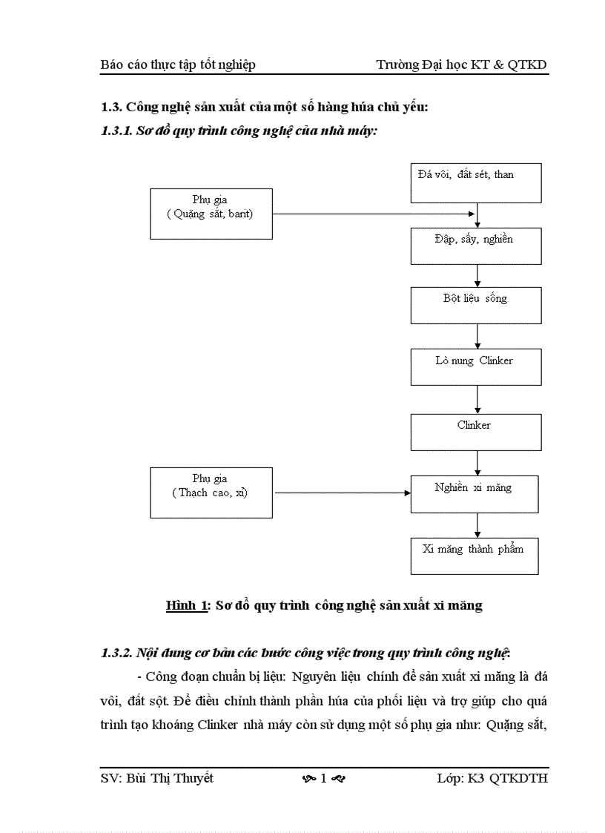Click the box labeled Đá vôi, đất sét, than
[476, 182]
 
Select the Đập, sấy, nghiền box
[476, 246]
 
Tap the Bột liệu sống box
[476, 305]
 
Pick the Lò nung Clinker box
[476, 366]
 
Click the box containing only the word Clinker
[476, 432]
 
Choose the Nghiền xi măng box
[475, 494]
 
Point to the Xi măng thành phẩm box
[475, 556]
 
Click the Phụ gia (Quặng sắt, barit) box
[211, 213]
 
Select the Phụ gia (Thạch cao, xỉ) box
[211, 492]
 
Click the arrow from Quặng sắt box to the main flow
[374, 214]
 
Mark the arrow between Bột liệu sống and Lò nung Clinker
[477, 336]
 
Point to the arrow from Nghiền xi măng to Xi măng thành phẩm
[477, 525]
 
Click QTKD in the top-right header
[527, 65]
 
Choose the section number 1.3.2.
[116, 653]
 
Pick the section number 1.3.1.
[116, 131]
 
